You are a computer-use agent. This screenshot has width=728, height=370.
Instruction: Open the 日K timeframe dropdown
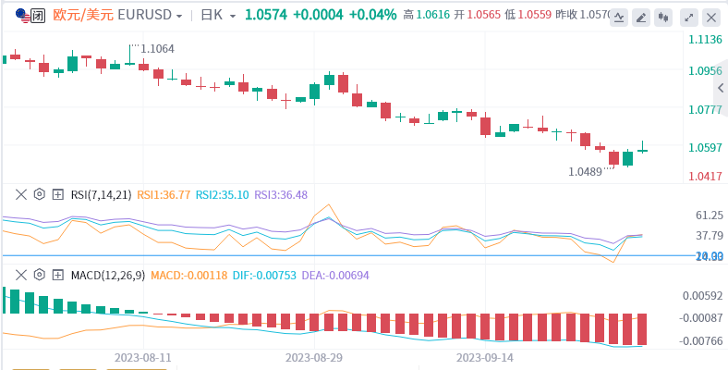point(218,16)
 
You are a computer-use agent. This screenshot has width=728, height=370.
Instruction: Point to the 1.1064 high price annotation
point(157,48)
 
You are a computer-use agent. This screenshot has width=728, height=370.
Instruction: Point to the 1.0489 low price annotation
point(585,171)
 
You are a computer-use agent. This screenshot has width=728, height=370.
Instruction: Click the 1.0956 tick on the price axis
point(705,71)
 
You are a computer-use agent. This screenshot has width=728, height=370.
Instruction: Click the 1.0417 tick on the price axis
point(705,176)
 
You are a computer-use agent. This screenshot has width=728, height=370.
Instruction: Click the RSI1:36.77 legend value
point(164,195)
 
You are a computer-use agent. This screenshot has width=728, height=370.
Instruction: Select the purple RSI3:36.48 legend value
point(281,195)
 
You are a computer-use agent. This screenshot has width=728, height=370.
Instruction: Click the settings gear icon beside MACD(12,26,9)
point(40,275)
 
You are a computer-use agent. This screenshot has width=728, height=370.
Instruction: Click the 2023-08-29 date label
point(313,357)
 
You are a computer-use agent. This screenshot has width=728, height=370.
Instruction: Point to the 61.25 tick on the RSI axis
point(709,216)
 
